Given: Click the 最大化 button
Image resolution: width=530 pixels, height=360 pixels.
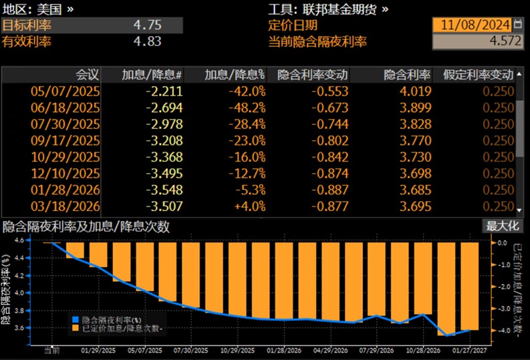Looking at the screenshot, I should pos(503,226).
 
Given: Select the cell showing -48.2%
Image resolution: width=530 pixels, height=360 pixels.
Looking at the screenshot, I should pos(247,108).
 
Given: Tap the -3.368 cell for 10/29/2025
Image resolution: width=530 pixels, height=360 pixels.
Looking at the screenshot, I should pos(164,157).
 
